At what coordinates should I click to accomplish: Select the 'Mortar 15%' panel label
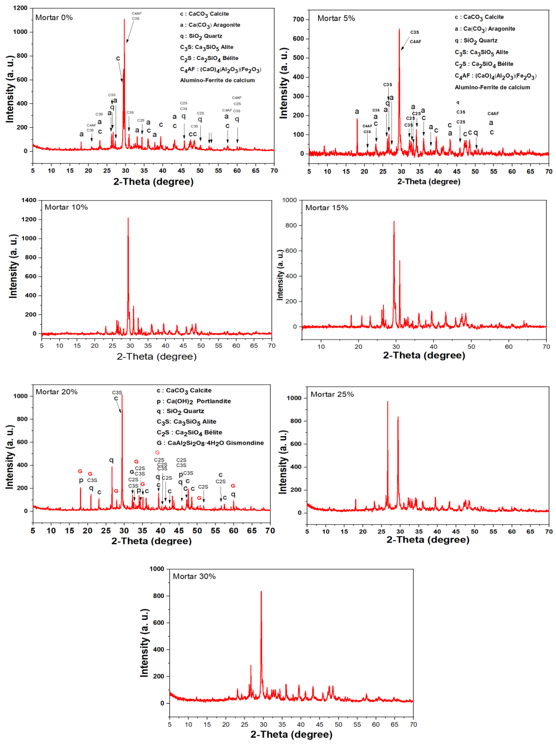327,208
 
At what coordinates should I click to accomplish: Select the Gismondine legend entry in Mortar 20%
210,443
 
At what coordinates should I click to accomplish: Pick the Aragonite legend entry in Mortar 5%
485,29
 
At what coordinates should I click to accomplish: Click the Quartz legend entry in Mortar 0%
201,36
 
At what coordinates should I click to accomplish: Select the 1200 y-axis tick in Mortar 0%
20,8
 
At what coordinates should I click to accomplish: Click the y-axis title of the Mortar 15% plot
280,275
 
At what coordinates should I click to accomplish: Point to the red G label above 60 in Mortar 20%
233,486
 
